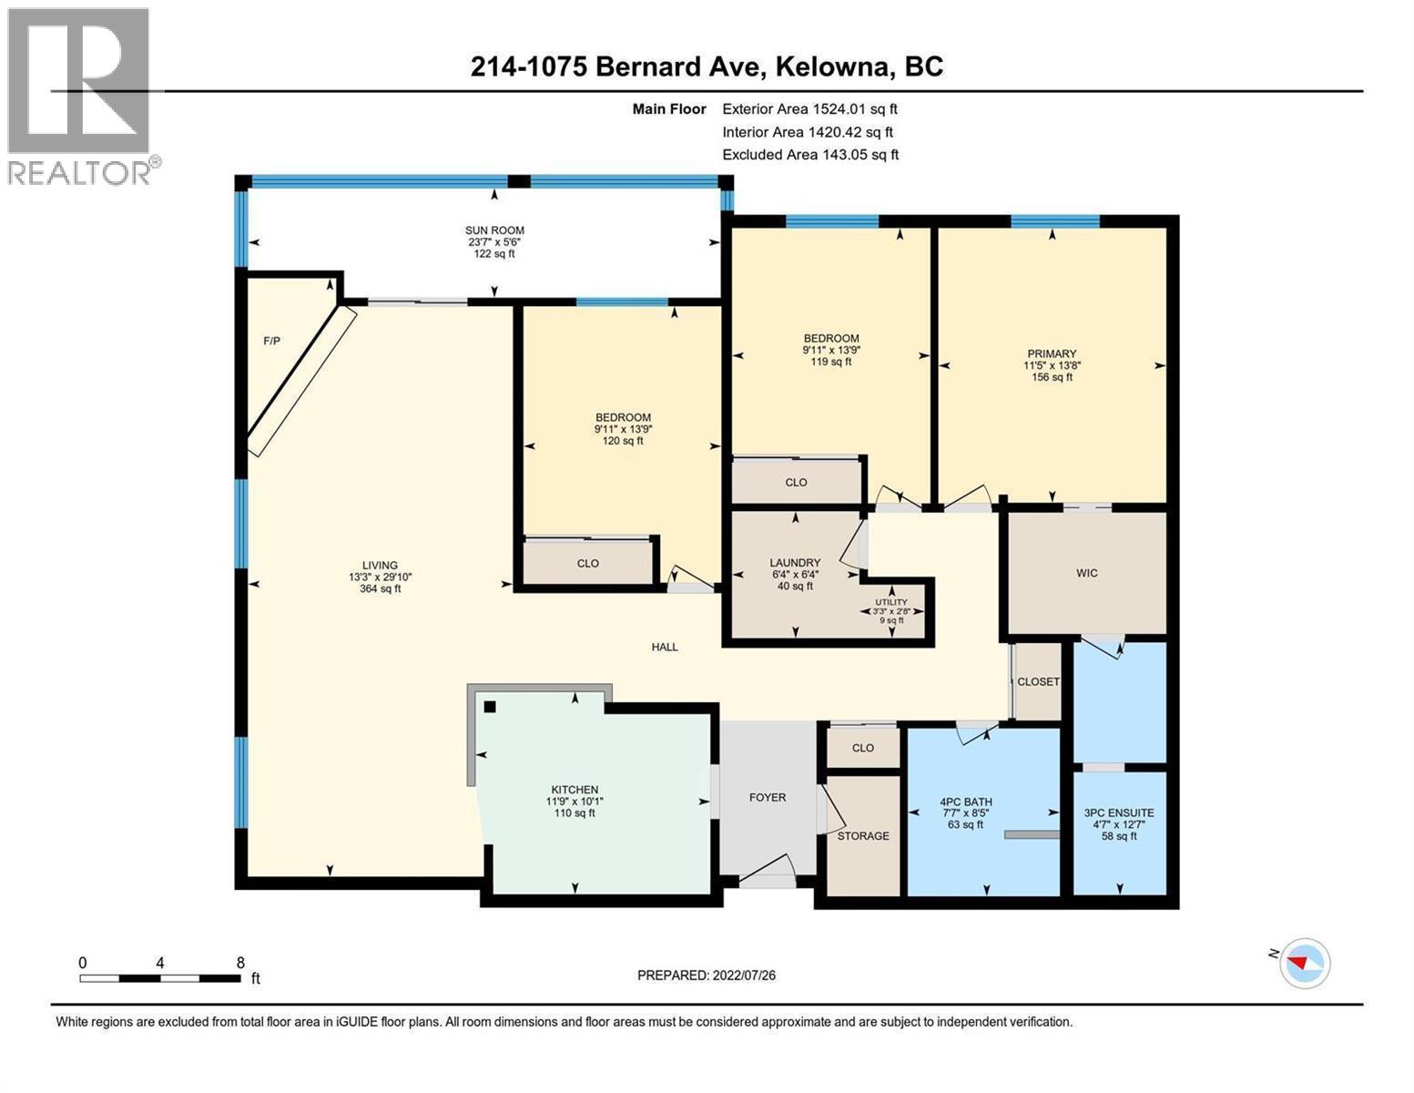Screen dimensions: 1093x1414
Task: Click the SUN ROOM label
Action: tap(494, 230)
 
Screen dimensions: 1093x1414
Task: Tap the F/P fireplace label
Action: tap(271, 342)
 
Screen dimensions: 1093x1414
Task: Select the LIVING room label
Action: tap(380, 566)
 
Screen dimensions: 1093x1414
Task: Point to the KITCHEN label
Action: tap(575, 790)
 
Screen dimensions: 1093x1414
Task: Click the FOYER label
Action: tap(767, 797)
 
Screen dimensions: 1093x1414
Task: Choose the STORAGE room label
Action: tap(863, 836)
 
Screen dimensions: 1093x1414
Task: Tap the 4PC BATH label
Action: tap(965, 802)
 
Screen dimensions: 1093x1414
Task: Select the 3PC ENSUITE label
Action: tap(1119, 813)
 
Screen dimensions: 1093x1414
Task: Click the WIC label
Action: tap(1086, 573)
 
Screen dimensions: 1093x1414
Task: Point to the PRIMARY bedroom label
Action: tap(1052, 353)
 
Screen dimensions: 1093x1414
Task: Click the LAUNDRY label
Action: tap(795, 563)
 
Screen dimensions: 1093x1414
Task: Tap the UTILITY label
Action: tap(891, 602)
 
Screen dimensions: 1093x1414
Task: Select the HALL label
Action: tap(665, 647)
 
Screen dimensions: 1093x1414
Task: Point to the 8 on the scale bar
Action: tap(240, 963)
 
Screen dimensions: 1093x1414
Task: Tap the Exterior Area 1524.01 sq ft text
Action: tap(809, 108)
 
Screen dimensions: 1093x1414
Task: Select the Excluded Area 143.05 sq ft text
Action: tap(810, 155)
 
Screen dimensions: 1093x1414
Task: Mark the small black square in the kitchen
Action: tap(490, 707)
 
